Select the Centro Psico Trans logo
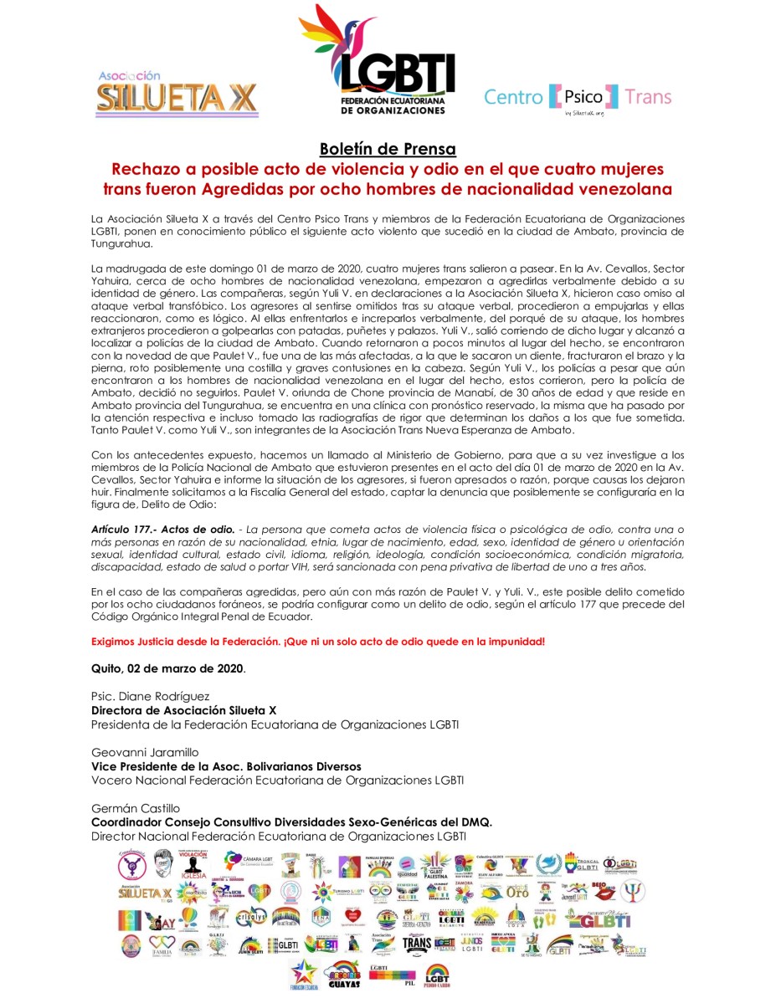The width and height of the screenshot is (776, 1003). pyautogui.click(x=578, y=98)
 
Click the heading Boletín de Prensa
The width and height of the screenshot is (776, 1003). pyautogui.click(x=388, y=150)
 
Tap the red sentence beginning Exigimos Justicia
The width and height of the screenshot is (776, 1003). pyautogui.click(x=318, y=641)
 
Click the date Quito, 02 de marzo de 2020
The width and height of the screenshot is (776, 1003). pyautogui.click(x=168, y=668)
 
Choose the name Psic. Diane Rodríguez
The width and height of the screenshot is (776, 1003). pyautogui.click(x=151, y=697)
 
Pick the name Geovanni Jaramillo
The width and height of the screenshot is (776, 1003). pyautogui.click(x=147, y=752)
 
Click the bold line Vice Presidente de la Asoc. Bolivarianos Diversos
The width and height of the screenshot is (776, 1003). pyautogui.click(x=226, y=765)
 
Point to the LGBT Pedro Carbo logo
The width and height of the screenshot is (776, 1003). pyautogui.click(x=437, y=975)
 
